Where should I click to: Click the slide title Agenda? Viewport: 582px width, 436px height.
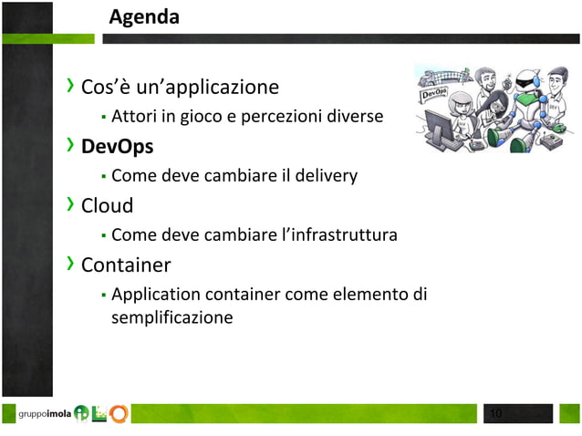click(144, 17)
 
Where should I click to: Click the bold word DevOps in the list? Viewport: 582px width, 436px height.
click(117, 146)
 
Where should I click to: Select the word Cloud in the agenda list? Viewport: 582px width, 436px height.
click(108, 205)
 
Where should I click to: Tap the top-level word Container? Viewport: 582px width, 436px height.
click(126, 265)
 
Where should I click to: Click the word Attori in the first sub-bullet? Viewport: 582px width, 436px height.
click(133, 116)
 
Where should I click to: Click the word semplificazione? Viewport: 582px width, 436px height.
click(171, 317)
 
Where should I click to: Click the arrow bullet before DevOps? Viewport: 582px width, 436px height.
click(71, 146)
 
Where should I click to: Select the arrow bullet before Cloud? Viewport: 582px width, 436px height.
click(71, 204)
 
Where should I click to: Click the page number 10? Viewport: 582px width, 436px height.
click(496, 415)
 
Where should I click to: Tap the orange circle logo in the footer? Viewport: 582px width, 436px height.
click(120, 414)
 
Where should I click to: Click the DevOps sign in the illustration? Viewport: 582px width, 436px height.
click(434, 93)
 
